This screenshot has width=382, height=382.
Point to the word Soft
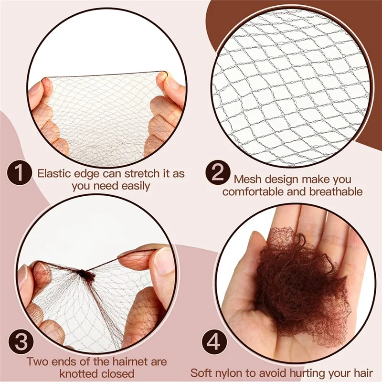click(202, 372)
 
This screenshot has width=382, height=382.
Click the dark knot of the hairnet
click(86, 275)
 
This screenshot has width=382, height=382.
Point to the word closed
click(119, 373)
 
